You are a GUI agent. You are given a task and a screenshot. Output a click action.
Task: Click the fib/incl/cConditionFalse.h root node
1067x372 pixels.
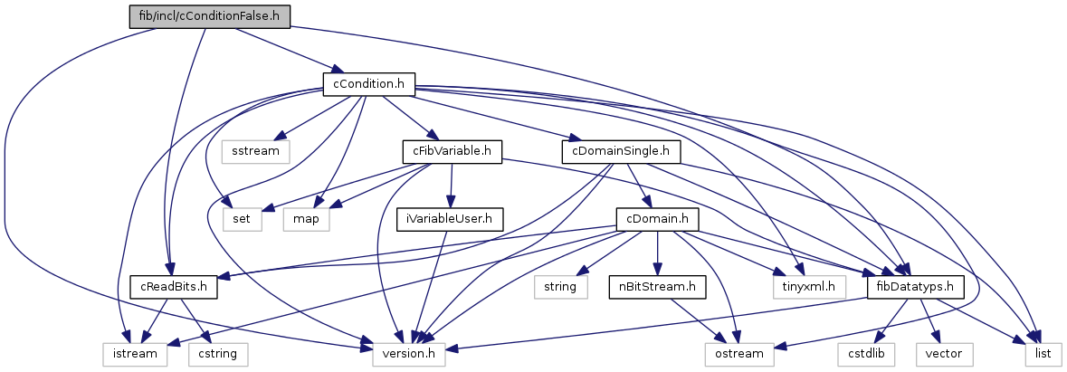[x=210, y=15]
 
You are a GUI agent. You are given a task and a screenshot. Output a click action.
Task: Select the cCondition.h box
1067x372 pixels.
[x=368, y=84]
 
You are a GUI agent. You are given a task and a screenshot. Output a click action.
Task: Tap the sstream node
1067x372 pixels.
[x=256, y=150]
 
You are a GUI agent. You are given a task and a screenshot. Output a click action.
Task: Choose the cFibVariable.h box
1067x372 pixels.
[x=453, y=150]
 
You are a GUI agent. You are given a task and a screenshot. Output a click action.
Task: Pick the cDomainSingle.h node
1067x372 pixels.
[x=620, y=150]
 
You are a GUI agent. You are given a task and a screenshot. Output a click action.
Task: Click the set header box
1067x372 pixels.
[x=242, y=218]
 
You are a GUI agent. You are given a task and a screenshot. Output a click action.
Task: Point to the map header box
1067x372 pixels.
[x=306, y=218]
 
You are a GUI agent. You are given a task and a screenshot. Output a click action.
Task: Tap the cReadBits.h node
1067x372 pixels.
[x=173, y=286]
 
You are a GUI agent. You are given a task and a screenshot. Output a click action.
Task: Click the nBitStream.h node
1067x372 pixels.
[x=656, y=286]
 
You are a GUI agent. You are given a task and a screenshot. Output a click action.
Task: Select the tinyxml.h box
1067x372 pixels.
[x=808, y=286]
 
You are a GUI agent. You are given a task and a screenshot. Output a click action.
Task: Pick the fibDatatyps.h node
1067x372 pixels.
[x=914, y=286]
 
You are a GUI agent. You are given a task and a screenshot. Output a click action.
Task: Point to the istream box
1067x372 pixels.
[x=128, y=353]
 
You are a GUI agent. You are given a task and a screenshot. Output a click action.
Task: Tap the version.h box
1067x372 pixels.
[x=409, y=353]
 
